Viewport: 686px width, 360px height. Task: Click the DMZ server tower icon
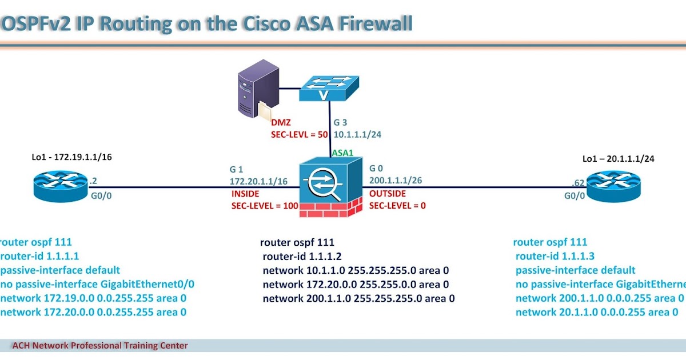pos(252,91)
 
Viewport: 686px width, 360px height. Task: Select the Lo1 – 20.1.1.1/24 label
pos(618,158)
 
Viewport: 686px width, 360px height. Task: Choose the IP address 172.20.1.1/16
pos(258,181)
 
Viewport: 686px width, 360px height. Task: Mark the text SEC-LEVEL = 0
pos(397,206)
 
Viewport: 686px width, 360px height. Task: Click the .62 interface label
pos(579,183)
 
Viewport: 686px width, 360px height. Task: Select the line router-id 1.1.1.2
pos(302,256)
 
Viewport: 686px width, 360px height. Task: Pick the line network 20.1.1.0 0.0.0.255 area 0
pos(596,312)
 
